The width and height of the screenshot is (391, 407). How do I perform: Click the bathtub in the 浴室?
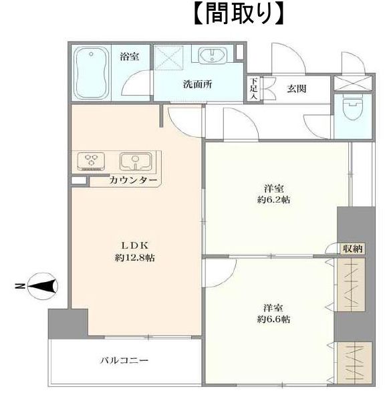tap(91, 73)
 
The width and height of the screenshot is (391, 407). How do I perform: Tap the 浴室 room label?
tap(129, 56)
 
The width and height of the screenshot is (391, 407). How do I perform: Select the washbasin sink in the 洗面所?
tap(213, 55)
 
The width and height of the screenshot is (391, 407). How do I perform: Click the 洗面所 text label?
tap(198, 84)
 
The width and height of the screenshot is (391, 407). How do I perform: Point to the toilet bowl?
tap(353, 107)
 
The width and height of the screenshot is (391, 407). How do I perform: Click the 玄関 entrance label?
tap(297, 89)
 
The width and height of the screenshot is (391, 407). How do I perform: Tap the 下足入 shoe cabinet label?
tap(253, 88)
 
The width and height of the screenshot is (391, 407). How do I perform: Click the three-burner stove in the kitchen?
tap(92, 161)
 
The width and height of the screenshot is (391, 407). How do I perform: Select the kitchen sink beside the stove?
tap(136, 162)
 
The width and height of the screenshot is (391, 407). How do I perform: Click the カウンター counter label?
tap(134, 180)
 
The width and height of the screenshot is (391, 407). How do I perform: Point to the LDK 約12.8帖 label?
tap(135, 251)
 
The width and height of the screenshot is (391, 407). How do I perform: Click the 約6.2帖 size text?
tap(273, 200)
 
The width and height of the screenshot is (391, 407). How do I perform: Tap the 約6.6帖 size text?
tap(273, 319)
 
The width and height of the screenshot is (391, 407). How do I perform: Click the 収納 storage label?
tap(352, 249)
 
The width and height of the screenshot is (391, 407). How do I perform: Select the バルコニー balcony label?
tap(124, 360)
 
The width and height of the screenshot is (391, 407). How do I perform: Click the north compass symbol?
tap(43, 286)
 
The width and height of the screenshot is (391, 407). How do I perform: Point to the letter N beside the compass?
tap(20, 286)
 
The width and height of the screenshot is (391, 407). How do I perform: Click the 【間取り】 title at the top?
tap(239, 13)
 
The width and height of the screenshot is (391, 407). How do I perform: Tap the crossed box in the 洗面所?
tap(168, 58)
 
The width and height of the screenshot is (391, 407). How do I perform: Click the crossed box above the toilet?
tap(353, 83)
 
